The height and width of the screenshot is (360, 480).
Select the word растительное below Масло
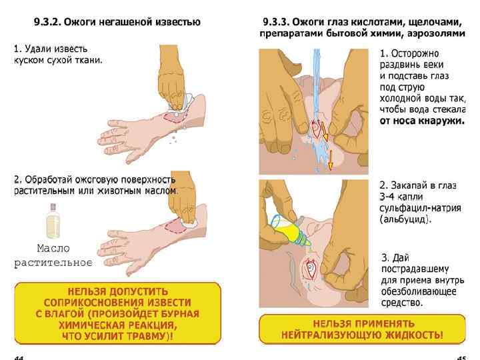point(53,262)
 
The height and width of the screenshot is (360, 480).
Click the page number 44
point(18,357)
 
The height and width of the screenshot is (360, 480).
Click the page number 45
point(459,357)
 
